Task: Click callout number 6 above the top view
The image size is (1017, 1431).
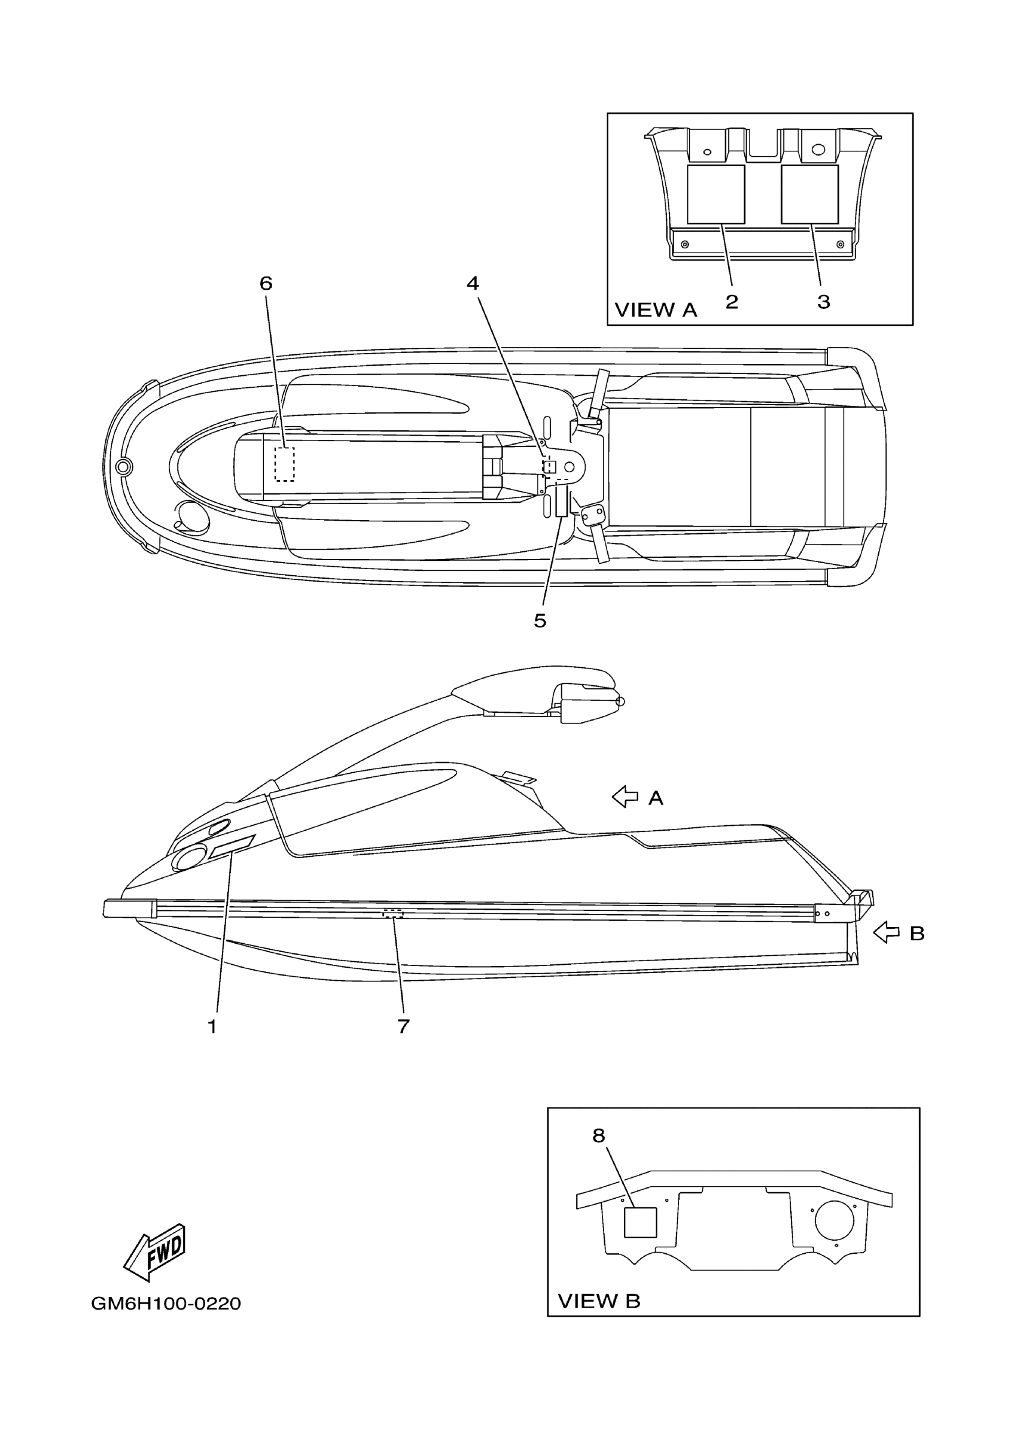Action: tap(266, 284)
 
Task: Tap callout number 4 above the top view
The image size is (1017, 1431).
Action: tap(473, 284)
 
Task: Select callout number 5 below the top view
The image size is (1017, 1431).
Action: tap(540, 621)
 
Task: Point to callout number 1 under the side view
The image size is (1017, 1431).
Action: tap(212, 1026)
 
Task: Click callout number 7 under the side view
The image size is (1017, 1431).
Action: tap(403, 1026)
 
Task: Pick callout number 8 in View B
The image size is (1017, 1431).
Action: tap(599, 1136)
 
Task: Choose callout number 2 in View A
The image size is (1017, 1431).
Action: tap(732, 302)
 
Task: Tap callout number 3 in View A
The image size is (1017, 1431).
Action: tap(824, 302)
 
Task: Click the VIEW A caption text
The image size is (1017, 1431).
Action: tap(656, 310)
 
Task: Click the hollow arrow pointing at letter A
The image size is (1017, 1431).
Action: tap(625, 797)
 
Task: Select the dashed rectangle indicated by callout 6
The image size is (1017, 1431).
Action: tap(284, 464)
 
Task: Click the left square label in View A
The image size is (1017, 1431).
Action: tap(715, 195)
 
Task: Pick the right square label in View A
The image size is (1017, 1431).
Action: tap(810, 195)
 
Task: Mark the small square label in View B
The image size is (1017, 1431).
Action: tap(640, 1222)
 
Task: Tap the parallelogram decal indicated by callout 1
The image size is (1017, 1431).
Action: tap(232, 846)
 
